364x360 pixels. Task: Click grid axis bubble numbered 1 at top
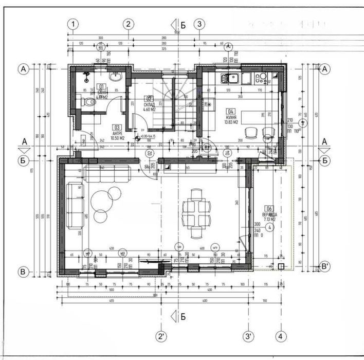coord(74,24)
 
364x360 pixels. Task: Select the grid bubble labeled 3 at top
coord(200,24)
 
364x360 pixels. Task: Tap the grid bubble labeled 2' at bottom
coord(162,337)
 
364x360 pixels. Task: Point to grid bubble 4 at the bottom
coord(281,337)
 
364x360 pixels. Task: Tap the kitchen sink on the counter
coord(228,79)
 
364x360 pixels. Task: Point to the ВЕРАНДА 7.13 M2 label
coord(269,217)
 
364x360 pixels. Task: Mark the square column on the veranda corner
coord(281,265)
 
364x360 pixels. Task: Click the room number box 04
coord(231,111)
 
